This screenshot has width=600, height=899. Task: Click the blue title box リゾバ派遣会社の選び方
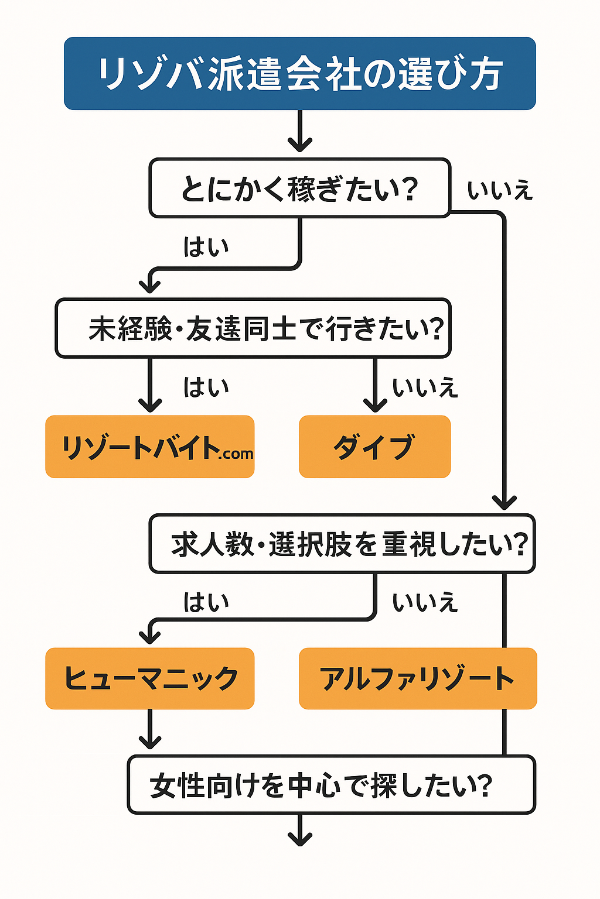(299, 74)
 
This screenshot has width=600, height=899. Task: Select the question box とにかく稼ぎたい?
(299, 188)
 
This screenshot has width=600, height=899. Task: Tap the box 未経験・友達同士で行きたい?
(253, 328)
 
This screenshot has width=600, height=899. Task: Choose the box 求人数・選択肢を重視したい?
(342, 544)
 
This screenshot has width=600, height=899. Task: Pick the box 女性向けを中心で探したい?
(332, 785)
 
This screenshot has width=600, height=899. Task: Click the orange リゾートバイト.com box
(150, 447)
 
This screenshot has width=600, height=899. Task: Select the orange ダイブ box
(374, 447)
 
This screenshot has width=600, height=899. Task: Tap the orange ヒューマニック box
(150, 679)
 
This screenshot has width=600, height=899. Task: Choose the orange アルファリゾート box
(418, 679)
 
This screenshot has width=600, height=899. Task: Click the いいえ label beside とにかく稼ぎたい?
(500, 191)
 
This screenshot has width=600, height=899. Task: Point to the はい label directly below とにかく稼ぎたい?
(206, 246)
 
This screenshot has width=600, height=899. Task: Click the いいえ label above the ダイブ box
(425, 387)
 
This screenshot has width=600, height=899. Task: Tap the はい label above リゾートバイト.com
(206, 387)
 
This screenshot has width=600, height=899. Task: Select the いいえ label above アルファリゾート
(425, 602)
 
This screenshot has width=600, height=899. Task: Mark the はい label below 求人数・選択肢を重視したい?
(206, 602)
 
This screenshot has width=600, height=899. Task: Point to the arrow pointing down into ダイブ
(375, 386)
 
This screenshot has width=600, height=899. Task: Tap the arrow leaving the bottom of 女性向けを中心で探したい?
(300, 830)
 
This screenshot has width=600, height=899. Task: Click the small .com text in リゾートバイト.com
(237, 454)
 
